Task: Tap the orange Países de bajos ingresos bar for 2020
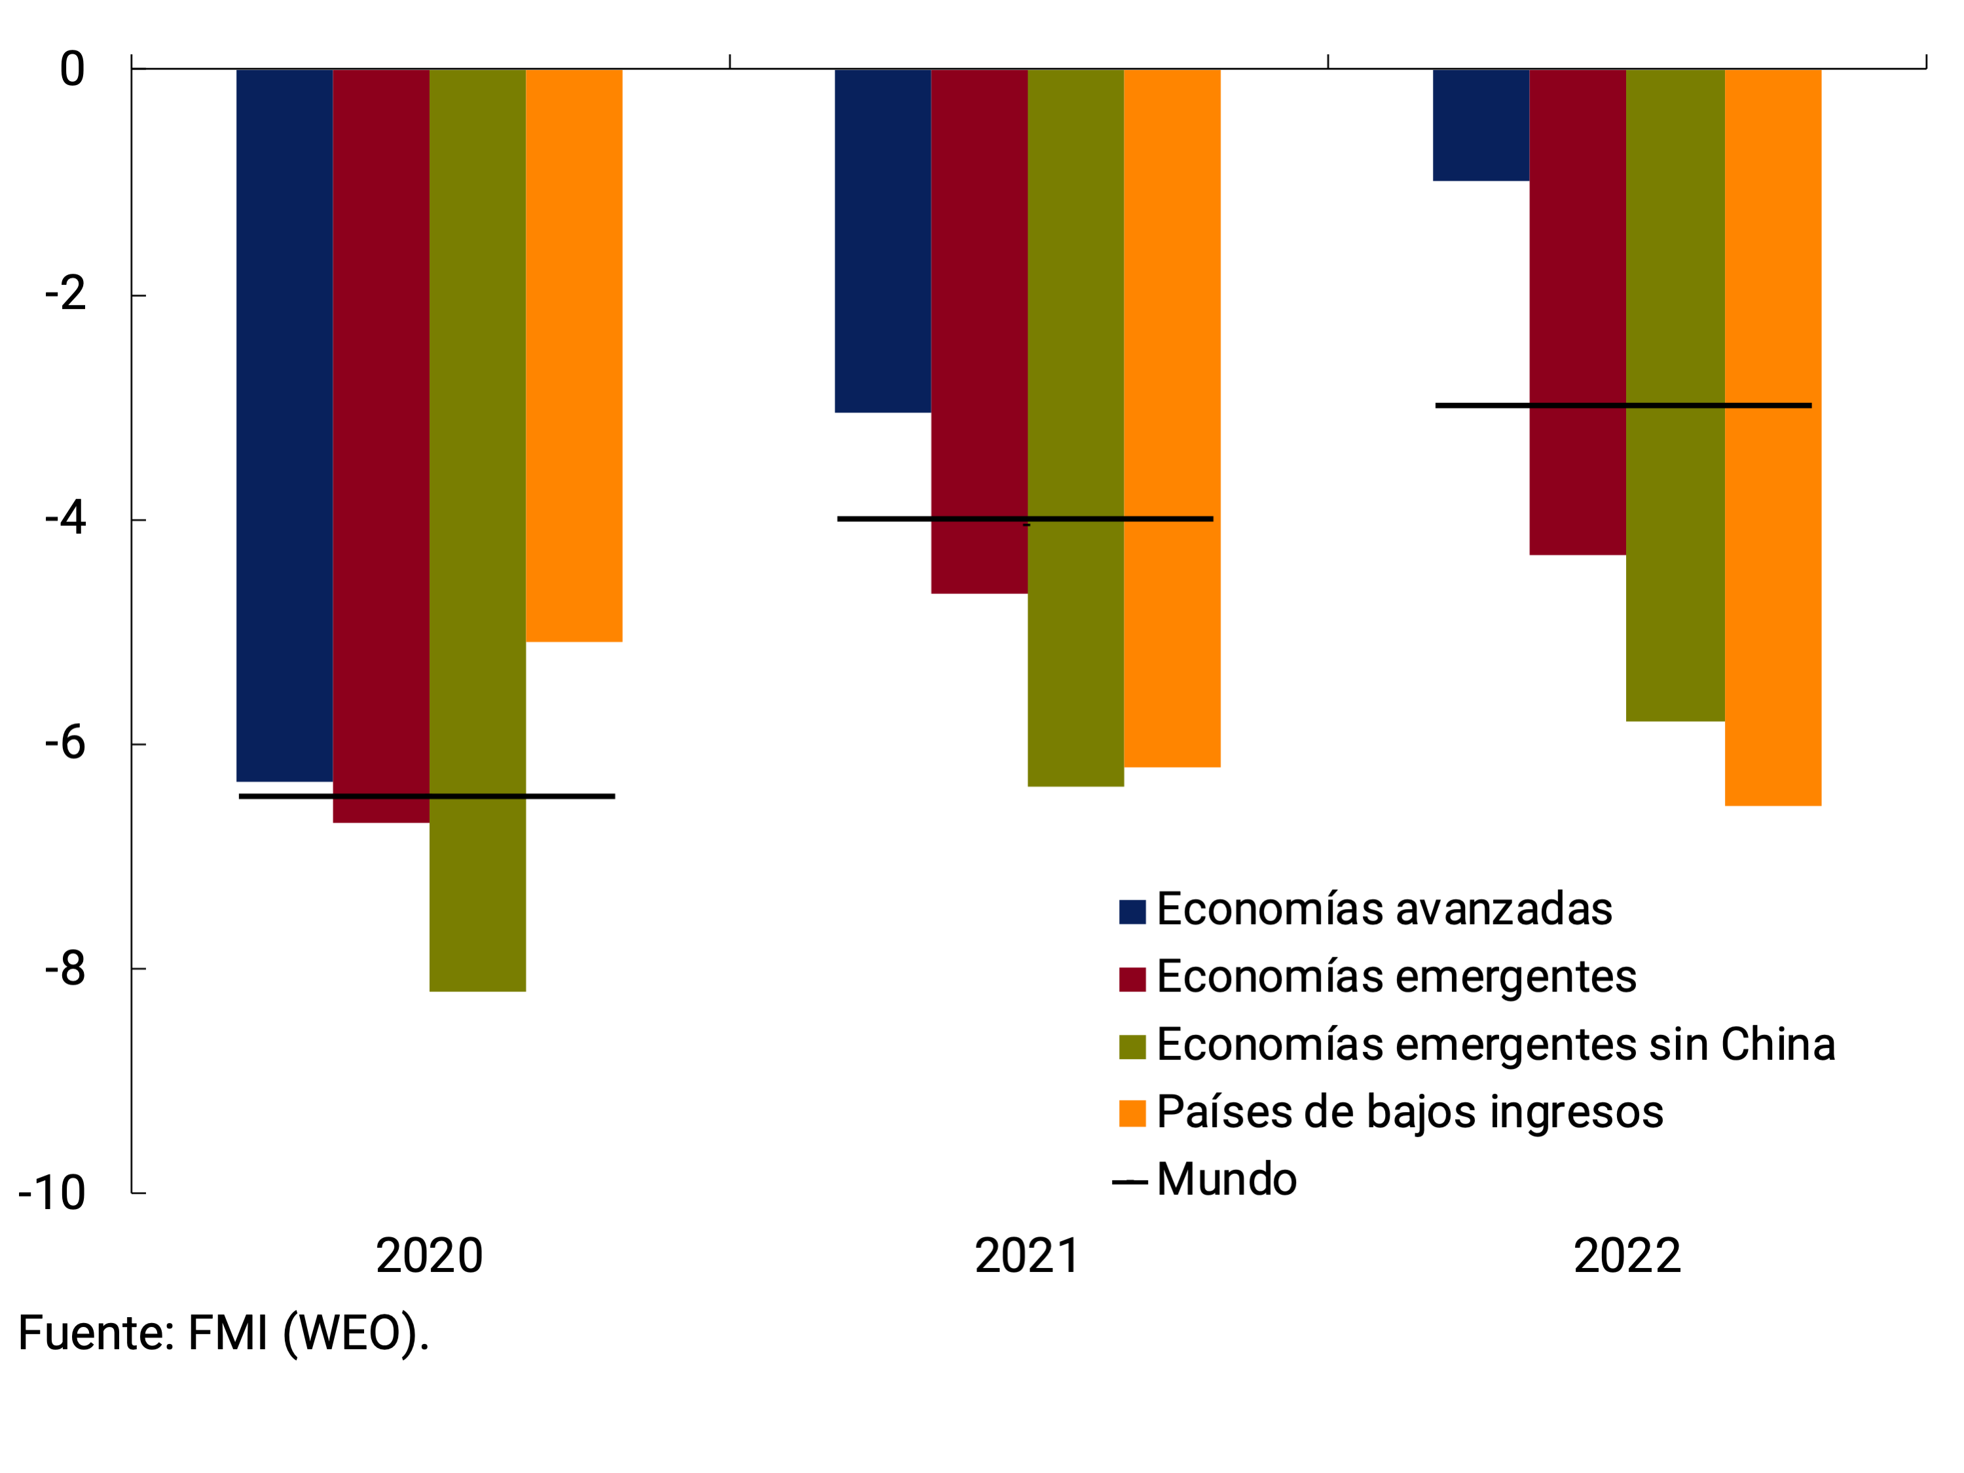pos(574,355)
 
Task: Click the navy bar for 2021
pos(883,240)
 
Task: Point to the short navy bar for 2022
pos(1481,124)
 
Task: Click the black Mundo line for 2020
pos(426,796)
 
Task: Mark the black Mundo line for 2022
pos(1623,406)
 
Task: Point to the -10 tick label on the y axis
pos(52,1193)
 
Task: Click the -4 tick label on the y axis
pos(65,519)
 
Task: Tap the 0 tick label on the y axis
pos(72,69)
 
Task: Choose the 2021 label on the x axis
pos(1028,1256)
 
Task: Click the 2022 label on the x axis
pos(1627,1256)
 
